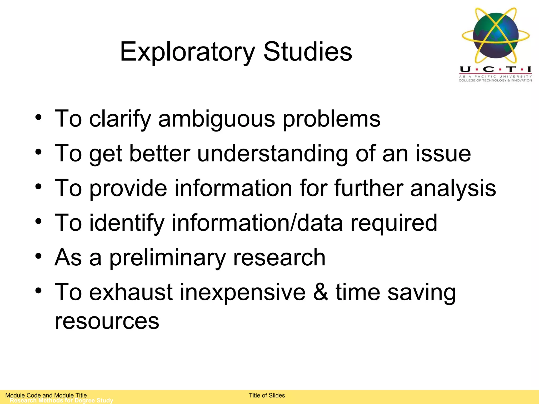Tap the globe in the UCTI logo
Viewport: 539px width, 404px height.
coord(496,35)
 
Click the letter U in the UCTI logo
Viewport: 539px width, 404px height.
coord(465,69)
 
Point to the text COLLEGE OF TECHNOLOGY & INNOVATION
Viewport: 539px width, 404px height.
coord(495,80)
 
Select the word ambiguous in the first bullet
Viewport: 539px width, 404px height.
coord(217,119)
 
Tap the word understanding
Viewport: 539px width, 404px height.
coord(273,154)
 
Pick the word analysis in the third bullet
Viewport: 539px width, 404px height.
coord(453,188)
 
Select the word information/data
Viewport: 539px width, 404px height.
coord(257,223)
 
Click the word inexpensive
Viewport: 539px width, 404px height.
coord(242,292)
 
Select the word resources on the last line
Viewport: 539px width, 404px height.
coord(107,321)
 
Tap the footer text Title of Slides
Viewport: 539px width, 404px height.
coord(267,395)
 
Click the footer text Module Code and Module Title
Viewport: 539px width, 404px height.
coord(46,395)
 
